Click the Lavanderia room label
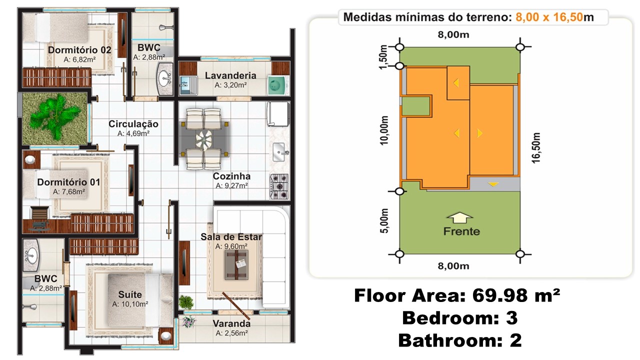pos(230,75)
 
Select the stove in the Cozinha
pos(279,184)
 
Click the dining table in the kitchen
pos(204,137)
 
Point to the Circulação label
pos(133,124)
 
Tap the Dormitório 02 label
pos(79,49)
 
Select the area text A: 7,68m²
pos(68,191)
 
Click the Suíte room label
pos(130,294)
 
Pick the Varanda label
pos(231,323)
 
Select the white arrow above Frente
pos(459,218)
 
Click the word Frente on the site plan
pos(461,231)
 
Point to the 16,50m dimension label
pos(536,147)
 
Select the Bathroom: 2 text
pos(460,340)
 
